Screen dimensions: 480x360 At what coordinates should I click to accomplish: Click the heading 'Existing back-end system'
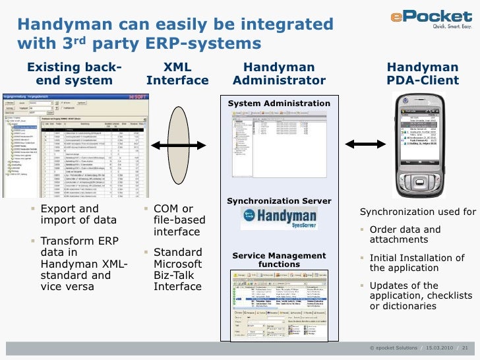tap(73, 74)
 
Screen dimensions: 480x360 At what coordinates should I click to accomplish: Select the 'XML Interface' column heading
tap(177, 74)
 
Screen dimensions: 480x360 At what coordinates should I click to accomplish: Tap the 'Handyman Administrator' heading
tap(279, 74)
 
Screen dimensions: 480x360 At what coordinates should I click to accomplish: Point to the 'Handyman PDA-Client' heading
tap(422, 74)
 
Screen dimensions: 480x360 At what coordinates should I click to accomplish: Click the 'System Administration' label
tap(279, 104)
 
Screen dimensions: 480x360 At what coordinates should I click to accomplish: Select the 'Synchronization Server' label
tap(279, 200)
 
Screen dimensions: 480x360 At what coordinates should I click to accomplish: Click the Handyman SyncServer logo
tap(279, 218)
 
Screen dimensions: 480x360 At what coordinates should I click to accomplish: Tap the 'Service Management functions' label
tap(279, 260)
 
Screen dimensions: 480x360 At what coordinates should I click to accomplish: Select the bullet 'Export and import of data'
tap(78, 215)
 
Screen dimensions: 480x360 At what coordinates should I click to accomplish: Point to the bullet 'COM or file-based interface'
tap(177, 220)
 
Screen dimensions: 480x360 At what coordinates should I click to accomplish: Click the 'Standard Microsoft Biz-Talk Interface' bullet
tap(178, 269)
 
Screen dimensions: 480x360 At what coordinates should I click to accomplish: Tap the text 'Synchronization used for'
tap(417, 212)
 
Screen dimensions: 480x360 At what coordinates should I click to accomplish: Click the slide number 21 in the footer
tap(465, 347)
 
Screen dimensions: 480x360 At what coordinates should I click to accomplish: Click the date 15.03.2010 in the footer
tap(438, 347)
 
